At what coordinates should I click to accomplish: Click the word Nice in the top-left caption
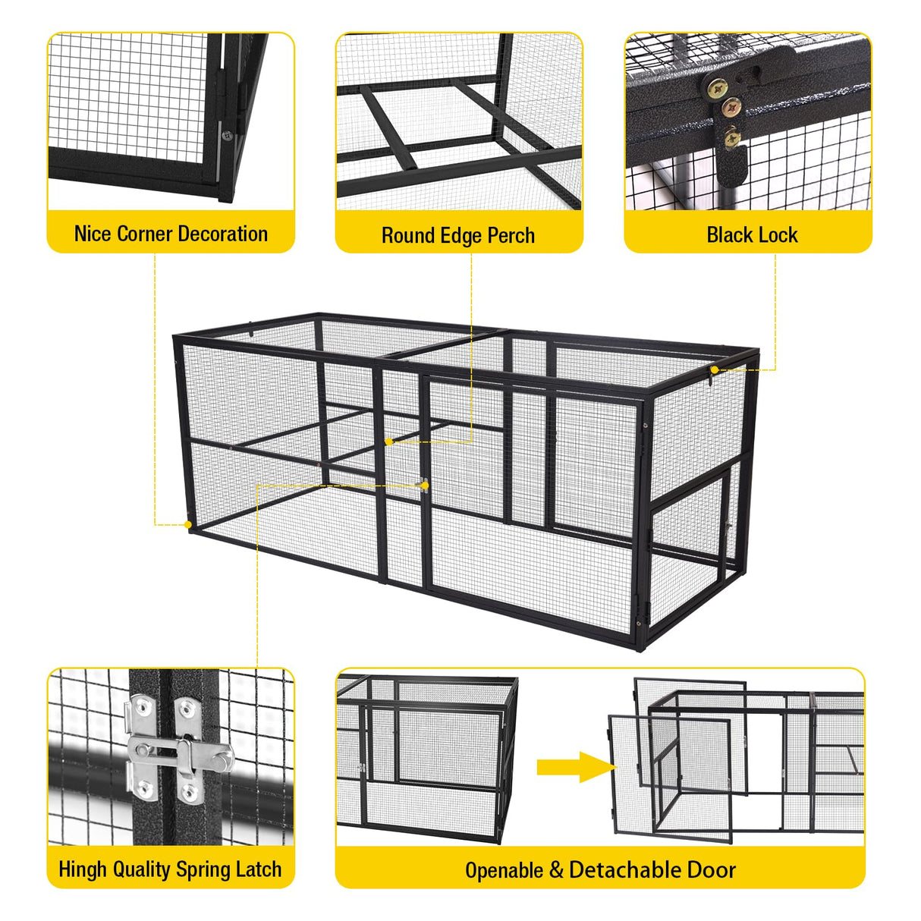point(93,234)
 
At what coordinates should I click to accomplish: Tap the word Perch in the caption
point(511,236)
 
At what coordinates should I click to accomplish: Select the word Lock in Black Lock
point(778,235)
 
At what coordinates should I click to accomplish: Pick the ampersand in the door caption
point(556,870)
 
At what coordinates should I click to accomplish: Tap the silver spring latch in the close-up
point(179,751)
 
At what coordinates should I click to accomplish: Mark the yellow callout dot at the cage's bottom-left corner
point(188,524)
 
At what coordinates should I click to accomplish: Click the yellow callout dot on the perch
point(389,442)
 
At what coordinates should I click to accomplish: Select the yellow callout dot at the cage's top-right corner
point(715,369)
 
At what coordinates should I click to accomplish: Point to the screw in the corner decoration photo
point(226,136)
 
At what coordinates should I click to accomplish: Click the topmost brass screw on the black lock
point(716,90)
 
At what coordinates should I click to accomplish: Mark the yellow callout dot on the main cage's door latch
point(425,486)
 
